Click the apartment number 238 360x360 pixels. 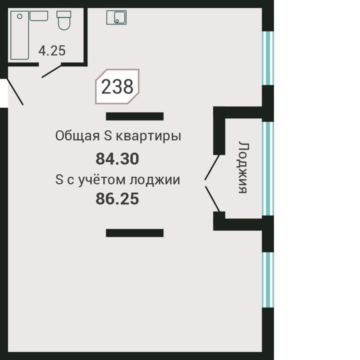pyautogui.click(x=117, y=86)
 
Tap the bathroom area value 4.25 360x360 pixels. pyautogui.click(x=52, y=51)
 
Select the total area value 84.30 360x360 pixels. pyautogui.click(x=117, y=159)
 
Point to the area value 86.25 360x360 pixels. pyautogui.click(x=117, y=198)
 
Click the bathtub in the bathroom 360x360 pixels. pyautogui.click(x=20, y=35)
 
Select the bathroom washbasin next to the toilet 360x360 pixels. pyautogui.click(x=39, y=16)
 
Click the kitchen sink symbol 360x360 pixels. pyautogui.click(x=116, y=17)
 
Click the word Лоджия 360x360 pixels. pyautogui.click(x=242, y=167)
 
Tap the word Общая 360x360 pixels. pyautogui.click(x=77, y=136)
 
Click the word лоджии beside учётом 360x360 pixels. pyautogui.click(x=154, y=180)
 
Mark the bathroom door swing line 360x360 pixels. pyautogui.click(x=53, y=70)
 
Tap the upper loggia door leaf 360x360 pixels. pyautogui.click(x=212, y=167)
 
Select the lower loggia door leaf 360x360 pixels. pyautogui.click(x=212, y=198)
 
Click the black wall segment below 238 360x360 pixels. pyautogui.click(x=135, y=116)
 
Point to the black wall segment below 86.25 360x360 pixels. pyautogui.click(x=135, y=233)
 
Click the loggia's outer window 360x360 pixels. pyautogui.click(x=268, y=168)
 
